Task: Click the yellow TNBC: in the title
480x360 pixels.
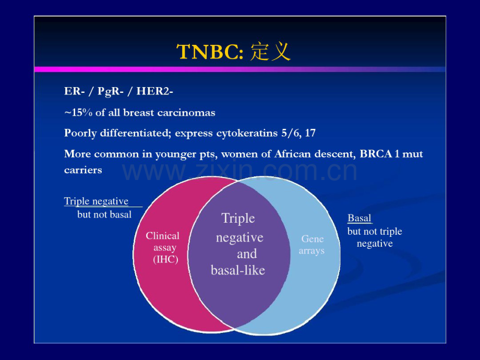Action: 210,52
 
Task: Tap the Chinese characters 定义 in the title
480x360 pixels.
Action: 270,52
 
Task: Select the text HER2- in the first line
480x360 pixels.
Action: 154,91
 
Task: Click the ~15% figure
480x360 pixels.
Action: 78,113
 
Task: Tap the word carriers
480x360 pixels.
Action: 83,170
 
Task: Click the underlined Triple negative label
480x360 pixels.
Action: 96,201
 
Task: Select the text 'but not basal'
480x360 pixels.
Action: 104,214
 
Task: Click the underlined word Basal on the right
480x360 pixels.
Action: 359,218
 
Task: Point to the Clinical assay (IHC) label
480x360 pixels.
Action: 163,247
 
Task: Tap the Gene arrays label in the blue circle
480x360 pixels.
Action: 311,245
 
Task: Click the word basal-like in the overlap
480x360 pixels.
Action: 238,270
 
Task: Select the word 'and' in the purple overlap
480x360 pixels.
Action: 247,254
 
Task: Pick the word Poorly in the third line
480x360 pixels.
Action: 80,134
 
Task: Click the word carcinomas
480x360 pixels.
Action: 186,113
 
